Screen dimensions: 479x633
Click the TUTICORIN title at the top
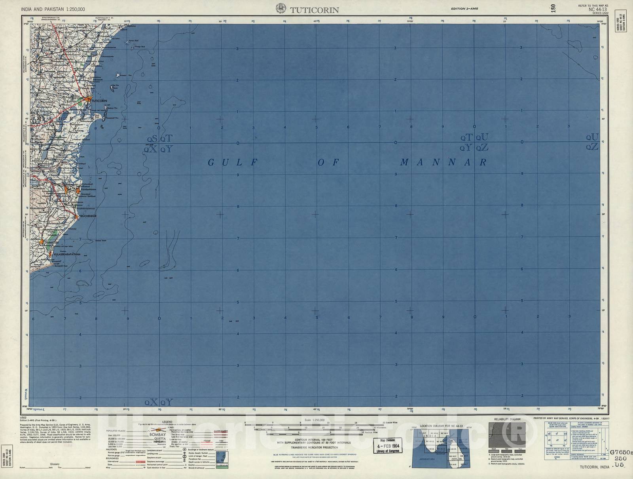point(315,10)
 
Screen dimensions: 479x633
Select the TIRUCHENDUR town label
point(88,216)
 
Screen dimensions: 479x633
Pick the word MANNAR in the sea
point(443,162)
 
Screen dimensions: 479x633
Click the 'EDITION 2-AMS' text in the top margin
point(464,9)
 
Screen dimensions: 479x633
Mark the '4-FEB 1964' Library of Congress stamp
point(387,445)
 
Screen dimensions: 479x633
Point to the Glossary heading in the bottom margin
point(55,464)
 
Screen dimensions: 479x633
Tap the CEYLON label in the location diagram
point(457,459)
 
